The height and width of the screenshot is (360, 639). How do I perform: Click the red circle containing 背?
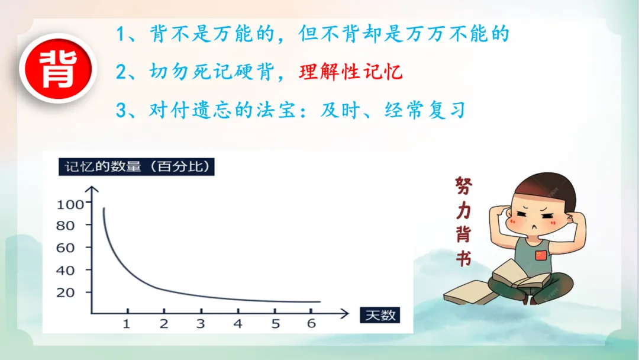tap(58, 69)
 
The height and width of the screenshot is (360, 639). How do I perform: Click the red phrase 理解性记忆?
tap(351, 72)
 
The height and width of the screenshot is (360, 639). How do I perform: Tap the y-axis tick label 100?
tap(70, 204)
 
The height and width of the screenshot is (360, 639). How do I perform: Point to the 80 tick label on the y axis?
tap(66, 226)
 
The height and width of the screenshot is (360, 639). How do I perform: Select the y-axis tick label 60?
tap(66, 248)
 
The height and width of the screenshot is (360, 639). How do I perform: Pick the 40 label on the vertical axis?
tap(66, 271)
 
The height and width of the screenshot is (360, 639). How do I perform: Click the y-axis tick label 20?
tap(66, 292)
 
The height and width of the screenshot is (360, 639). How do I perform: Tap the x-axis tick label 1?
tap(127, 324)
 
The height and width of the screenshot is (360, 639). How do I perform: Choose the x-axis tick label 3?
tap(201, 324)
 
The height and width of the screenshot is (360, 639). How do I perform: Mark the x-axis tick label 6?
tap(311, 324)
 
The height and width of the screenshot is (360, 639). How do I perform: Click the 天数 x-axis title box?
tap(380, 315)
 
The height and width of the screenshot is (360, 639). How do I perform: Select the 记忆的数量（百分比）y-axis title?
tap(137, 167)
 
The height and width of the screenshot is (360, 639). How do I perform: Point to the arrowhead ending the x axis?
tap(345, 314)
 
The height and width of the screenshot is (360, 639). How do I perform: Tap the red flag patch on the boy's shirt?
tap(541, 255)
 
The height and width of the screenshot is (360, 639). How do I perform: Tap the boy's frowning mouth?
tap(534, 227)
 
